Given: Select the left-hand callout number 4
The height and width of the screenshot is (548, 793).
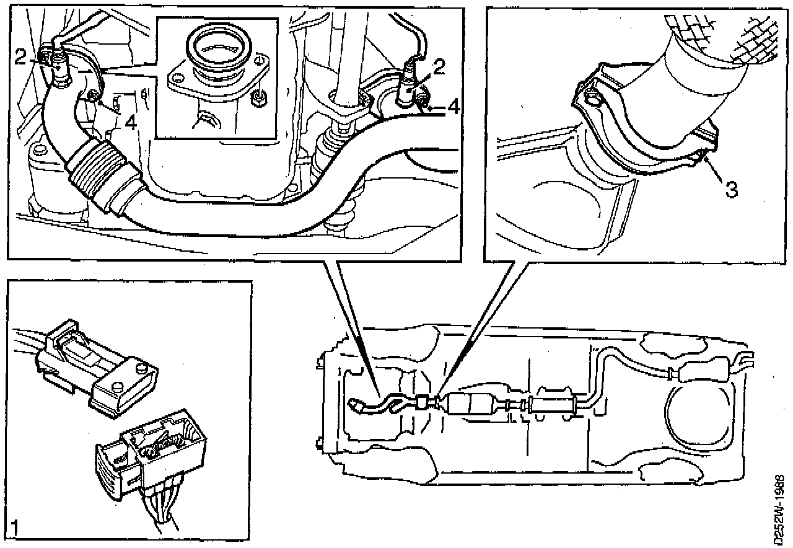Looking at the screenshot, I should (x=129, y=123).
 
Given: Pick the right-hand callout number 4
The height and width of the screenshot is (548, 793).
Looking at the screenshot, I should (x=452, y=107).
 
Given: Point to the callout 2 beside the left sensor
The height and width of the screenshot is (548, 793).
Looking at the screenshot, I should (x=20, y=58).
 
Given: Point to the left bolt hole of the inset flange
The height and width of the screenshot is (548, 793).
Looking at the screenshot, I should (x=178, y=79).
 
